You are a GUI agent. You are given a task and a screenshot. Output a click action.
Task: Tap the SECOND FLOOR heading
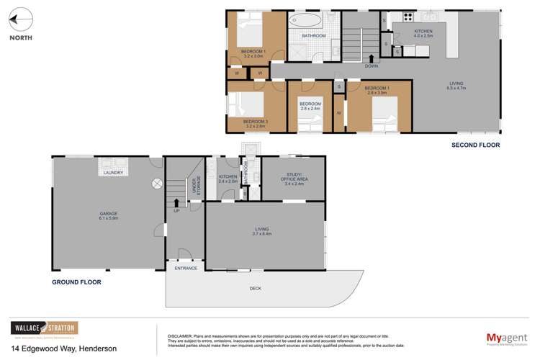[475, 145]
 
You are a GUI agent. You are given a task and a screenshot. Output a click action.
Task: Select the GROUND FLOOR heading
[76, 282]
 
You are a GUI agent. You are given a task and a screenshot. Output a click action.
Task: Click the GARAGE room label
[109, 213]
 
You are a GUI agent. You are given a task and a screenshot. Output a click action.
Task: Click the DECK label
[256, 289]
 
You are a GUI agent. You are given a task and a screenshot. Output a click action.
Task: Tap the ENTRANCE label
[185, 268]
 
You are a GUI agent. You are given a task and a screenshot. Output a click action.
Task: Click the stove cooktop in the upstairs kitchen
[408, 17]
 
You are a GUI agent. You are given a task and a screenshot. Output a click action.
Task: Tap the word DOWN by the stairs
[371, 66]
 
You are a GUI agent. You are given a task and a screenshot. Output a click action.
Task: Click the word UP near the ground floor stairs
[176, 210]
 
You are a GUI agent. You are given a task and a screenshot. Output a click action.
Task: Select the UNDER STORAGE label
[195, 186]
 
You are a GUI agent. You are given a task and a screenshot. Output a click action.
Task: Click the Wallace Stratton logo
[43, 329]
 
